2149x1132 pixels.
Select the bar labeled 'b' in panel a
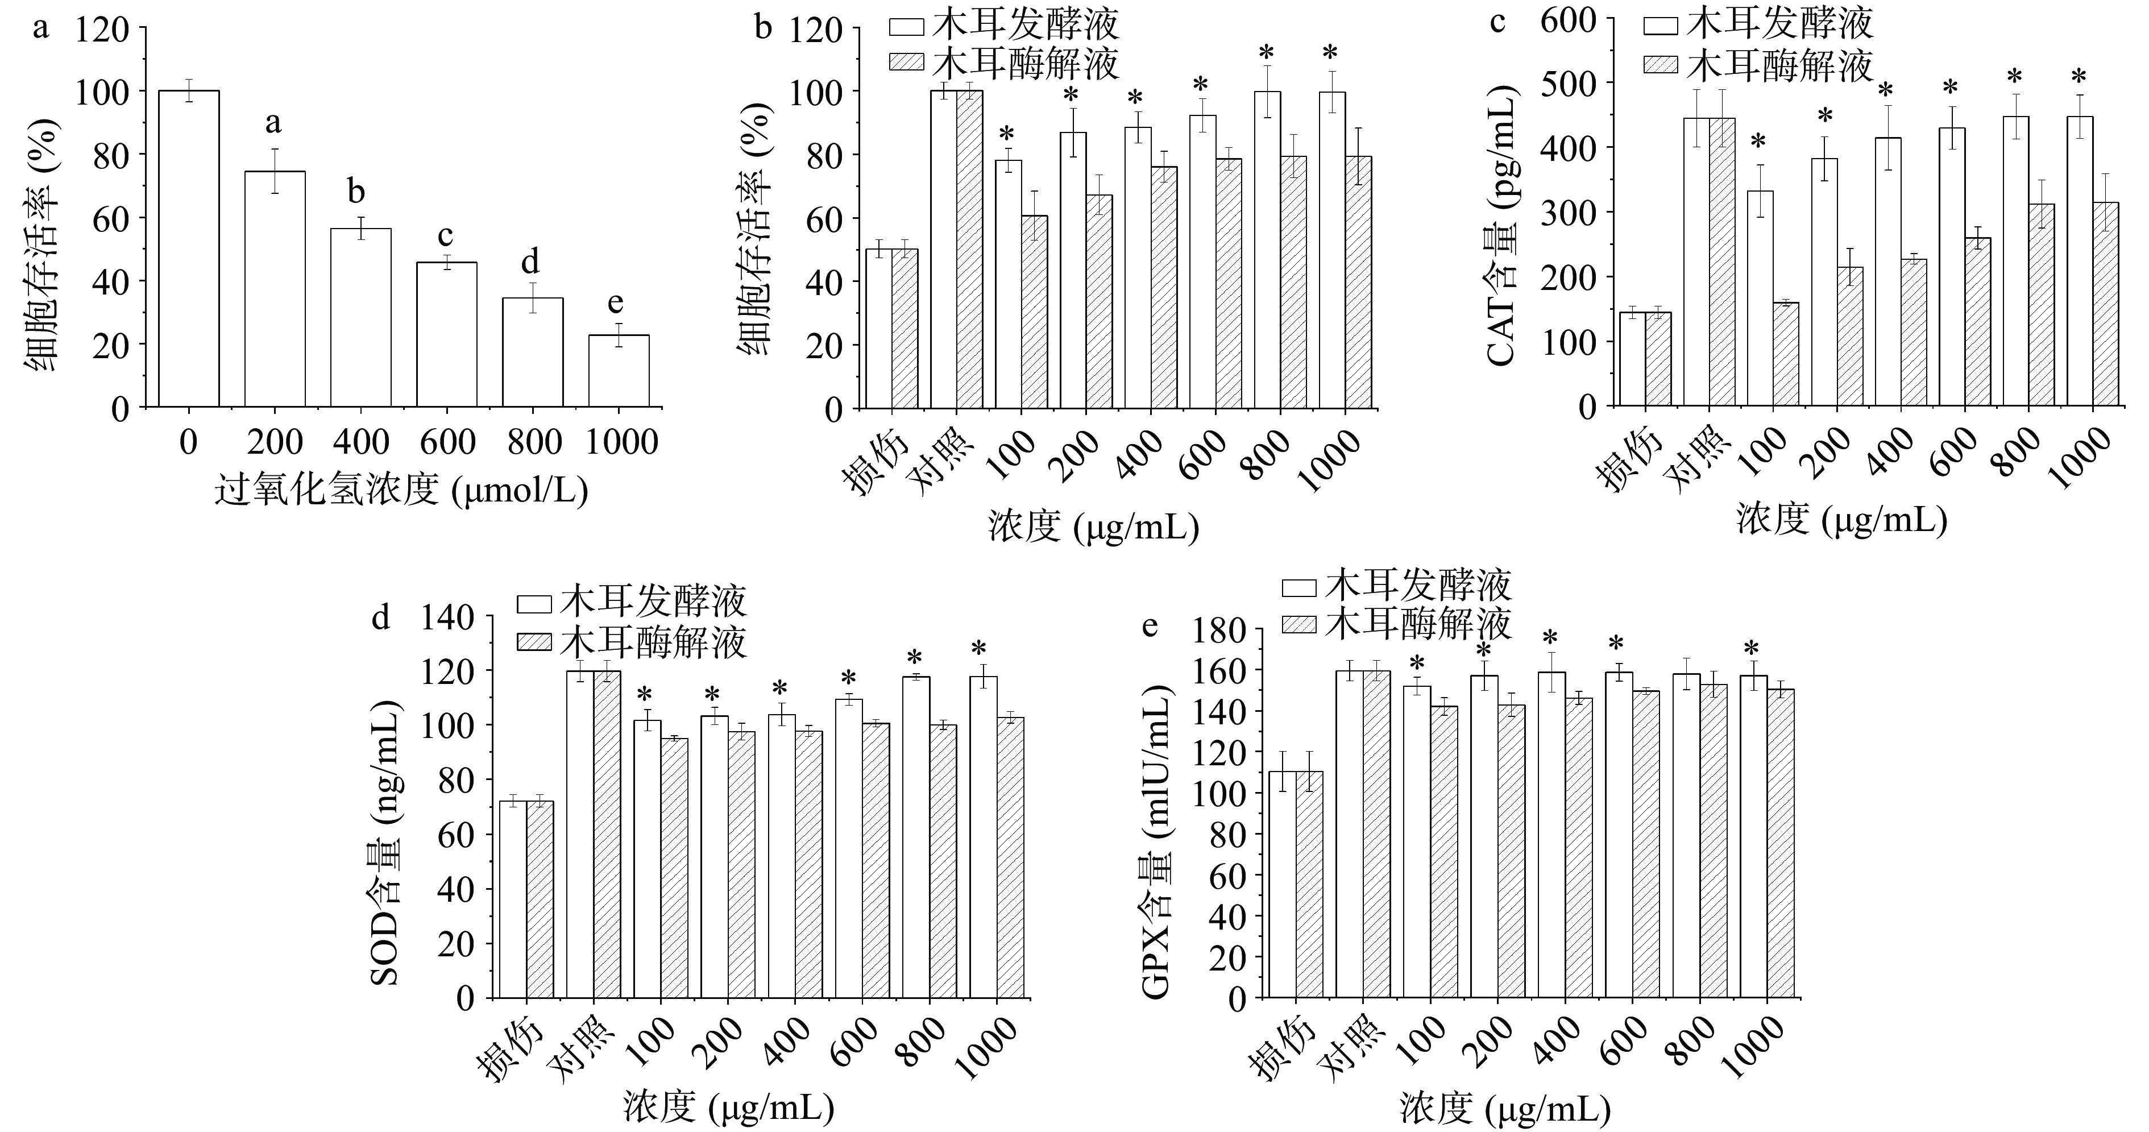[x=360, y=318]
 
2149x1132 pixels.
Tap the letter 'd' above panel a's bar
[x=530, y=262]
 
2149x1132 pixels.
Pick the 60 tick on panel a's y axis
[x=111, y=218]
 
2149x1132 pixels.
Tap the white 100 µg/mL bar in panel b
[x=1008, y=284]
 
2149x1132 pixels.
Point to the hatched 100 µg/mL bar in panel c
[x=1785, y=355]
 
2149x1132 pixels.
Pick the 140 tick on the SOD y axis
[x=448, y=618]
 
